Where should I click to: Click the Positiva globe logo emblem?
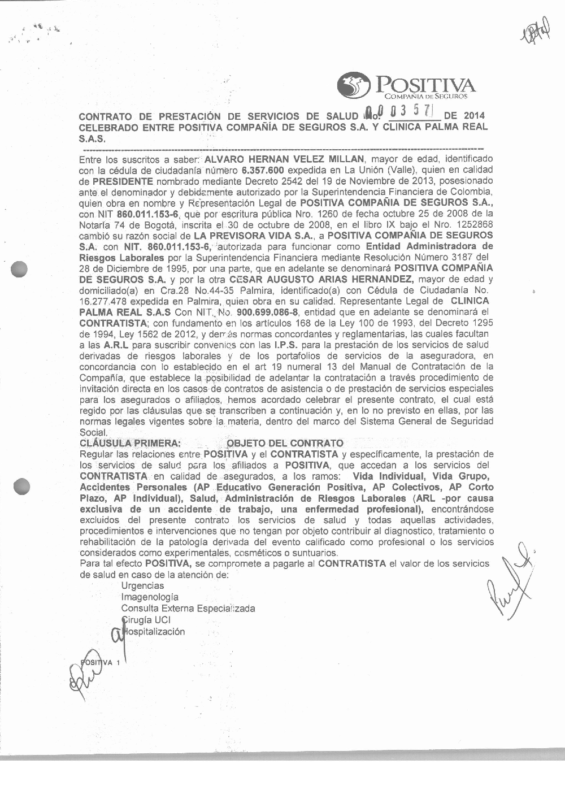point(353,86)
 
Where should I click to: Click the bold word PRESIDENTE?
point(123,181)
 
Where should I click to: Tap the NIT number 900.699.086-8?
point(267,312)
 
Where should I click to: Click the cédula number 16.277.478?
point(103,301)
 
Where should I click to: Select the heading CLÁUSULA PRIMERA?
point(131,443)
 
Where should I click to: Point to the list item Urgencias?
point(142,586)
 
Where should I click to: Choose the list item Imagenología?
point(150,597)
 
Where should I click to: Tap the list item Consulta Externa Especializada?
point(188,609)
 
